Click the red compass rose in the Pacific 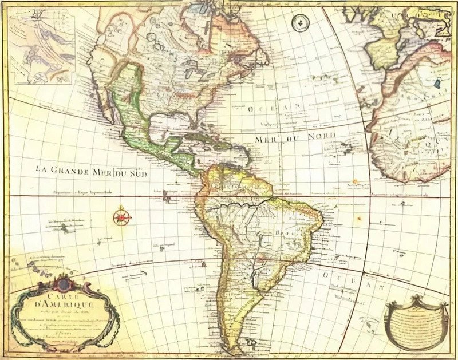pos(121,217)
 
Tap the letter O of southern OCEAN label pos(324,275)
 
